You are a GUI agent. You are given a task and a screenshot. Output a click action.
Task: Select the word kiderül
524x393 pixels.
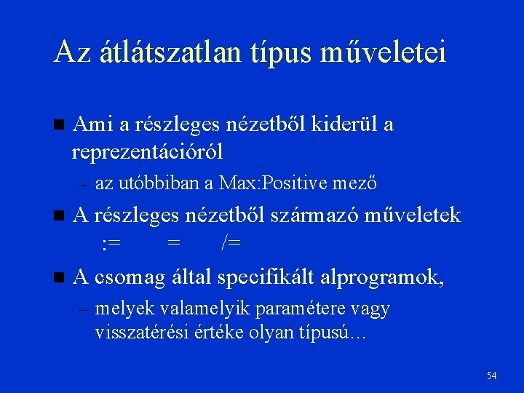(344, 124)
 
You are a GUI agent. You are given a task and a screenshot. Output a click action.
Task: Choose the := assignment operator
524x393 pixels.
(111, 242)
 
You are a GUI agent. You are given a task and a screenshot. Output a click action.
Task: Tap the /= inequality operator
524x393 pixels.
(231, 242)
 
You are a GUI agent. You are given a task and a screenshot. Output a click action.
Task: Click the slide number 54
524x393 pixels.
(492, 376)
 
